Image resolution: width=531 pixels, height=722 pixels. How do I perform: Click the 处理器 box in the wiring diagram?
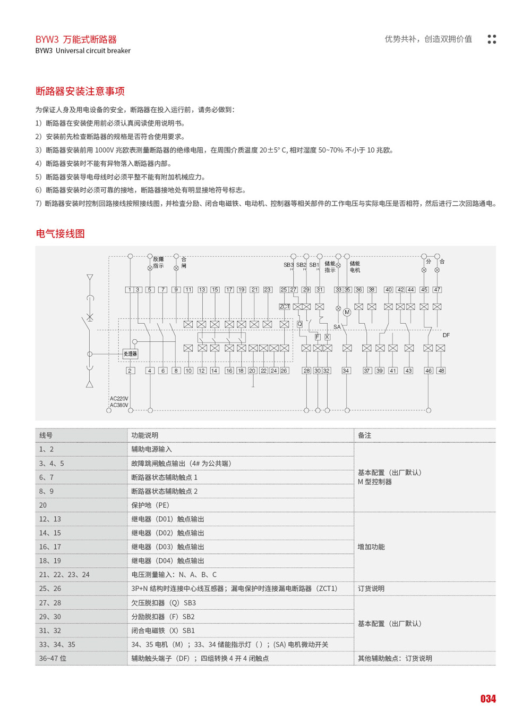[x=130, y=354]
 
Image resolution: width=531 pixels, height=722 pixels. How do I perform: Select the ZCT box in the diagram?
[x=285, y=307]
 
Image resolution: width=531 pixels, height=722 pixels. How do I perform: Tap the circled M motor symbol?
[x=347, y=312]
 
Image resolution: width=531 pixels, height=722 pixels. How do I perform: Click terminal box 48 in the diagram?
[x=441, y=371]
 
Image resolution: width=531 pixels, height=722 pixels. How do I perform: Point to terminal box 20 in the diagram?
[x=252, y=371]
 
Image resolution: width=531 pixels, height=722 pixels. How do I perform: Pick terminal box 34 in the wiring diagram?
[x=346, y=371]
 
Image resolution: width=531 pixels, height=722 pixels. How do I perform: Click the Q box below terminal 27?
[x=299, y=324]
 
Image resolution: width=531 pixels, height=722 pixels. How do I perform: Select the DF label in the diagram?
[x=446, y=335]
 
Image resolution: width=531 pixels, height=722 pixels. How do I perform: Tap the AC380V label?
[x=119, y=405]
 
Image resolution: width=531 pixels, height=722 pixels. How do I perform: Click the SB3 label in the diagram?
[x=288, y=265]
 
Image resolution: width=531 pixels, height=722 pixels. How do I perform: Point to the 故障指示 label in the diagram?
[x=158, y=263]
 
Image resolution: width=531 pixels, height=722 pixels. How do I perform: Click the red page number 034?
[x=488, y=699]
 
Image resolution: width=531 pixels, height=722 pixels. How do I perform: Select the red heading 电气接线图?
[x=60, y=234]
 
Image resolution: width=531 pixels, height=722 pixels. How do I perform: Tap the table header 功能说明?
[x=144, y=435]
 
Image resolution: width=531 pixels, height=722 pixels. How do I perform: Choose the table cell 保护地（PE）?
[x=150, y=505]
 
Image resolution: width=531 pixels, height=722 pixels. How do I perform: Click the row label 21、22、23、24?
[x=64, y=575]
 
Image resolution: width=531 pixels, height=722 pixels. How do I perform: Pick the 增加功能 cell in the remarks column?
[x=371, y=547]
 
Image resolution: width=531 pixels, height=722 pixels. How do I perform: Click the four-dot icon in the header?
[x=492, y=39]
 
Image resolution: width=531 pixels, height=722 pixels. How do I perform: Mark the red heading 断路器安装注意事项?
[x=80, y=91]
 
